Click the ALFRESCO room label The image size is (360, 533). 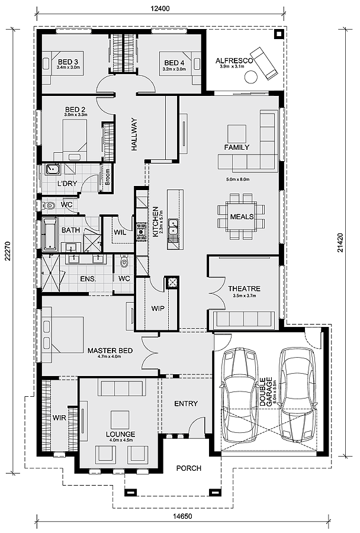coord(234,61)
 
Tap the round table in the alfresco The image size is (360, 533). coord(251,77)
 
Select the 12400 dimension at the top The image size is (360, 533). coord(160,8)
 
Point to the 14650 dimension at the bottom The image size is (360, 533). coord(182,516)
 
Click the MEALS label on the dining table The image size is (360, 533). coord(242,217)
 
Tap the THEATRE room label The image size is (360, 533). coord(244,288)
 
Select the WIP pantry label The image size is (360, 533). coord(157,309)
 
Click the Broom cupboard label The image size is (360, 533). coord(108,177)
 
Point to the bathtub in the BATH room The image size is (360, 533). coord(50,235)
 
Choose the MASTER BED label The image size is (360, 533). coord(110,351)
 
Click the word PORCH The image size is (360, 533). coord(189,468)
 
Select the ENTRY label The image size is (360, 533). coord(186,403)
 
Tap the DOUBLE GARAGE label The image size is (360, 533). coord(266,391)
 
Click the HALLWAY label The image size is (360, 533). coord(134,134)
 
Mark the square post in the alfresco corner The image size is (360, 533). coord(279,34)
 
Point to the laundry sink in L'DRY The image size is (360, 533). coord(52,169)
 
